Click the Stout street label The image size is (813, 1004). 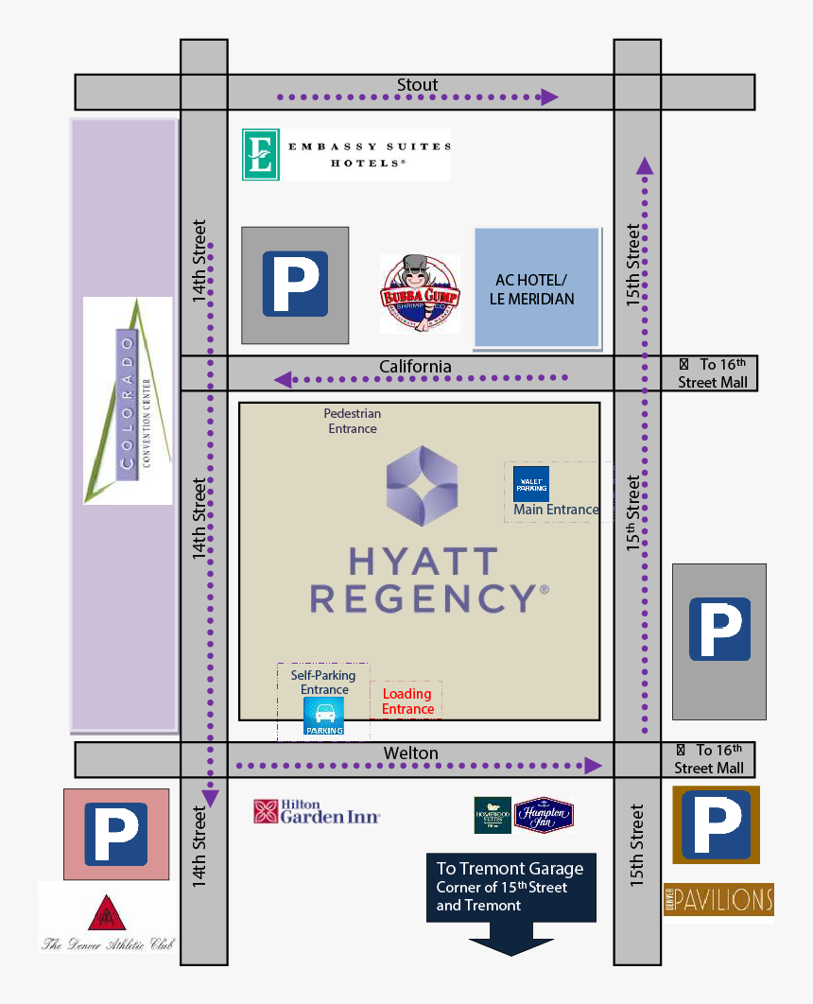417,85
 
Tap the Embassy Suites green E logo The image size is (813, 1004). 260,155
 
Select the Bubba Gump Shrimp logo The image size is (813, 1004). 420,294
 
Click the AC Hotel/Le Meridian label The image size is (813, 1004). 531,289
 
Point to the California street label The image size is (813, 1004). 415,366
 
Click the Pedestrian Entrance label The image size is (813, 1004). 353,421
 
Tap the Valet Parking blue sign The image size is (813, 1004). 531,484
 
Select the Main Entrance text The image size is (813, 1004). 556,511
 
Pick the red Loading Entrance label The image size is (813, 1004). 407,701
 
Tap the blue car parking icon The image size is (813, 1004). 323,718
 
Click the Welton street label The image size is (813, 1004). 410,753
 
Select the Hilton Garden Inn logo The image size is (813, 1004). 317,812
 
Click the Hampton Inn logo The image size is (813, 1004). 544,815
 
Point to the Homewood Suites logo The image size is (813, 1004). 493,815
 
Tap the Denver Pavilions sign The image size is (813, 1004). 718,899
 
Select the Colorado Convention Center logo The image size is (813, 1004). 128,401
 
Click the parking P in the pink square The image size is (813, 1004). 116,834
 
